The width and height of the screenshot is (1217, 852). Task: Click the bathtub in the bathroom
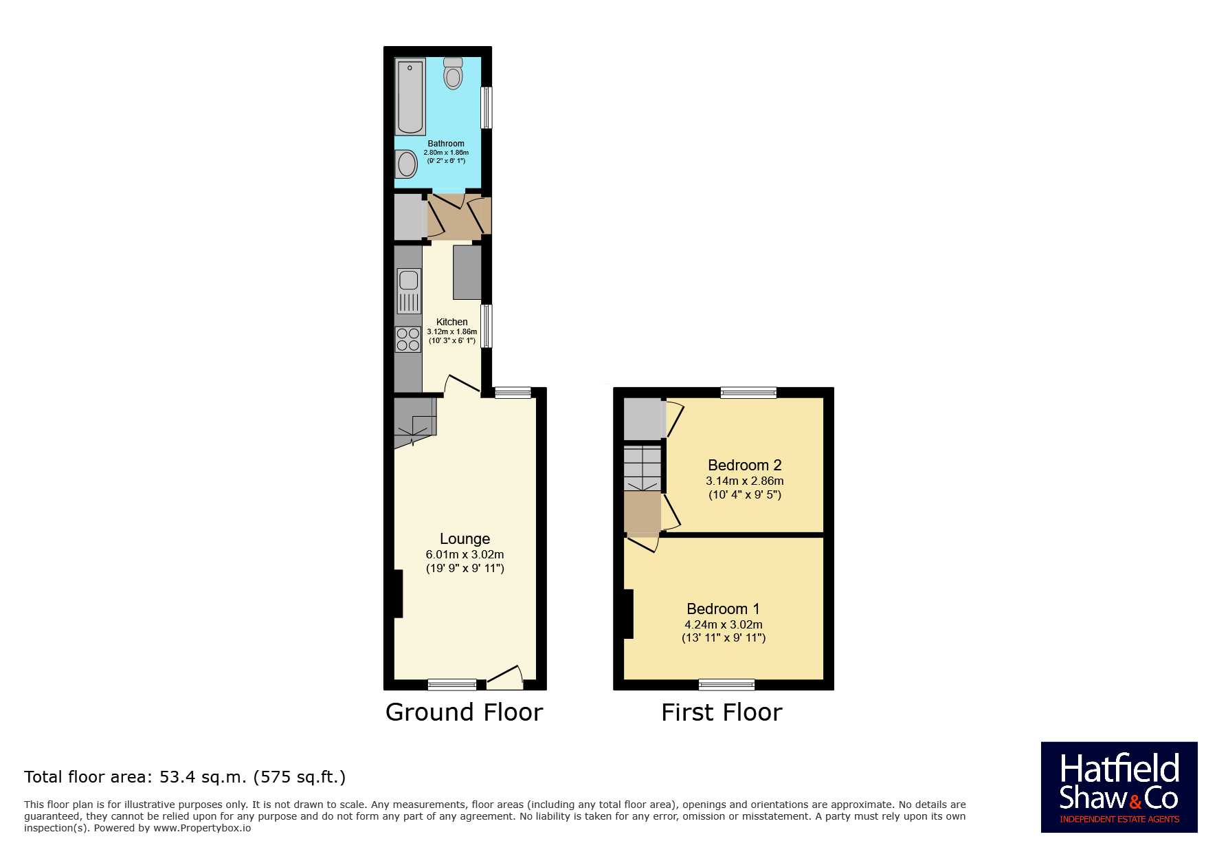coord(410,96)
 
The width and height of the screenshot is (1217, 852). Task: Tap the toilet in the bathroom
coord(453,73)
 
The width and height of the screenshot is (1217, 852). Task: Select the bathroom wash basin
coord(407,164)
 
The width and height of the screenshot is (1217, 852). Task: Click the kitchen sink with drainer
coord(409,291)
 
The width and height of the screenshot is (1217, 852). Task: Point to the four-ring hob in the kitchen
coord(408,339)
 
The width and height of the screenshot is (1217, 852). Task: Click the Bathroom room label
coord(446,144)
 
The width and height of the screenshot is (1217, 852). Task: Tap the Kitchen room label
coord(452,322)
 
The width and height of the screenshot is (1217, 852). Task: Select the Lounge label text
coord(465,539)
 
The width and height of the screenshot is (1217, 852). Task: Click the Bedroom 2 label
coord(745,466)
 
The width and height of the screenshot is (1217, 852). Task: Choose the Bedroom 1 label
coord(724,609)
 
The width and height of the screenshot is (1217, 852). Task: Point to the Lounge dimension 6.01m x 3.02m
coord(465,554)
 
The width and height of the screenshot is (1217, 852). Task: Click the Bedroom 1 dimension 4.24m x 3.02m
coord(724,624)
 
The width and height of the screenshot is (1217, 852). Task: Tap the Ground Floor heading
coord(465,712)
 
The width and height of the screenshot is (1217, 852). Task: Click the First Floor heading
coord(722,712)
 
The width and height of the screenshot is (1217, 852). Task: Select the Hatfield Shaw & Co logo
coord(1119,787)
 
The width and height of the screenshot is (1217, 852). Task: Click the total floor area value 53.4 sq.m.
coord(203,777)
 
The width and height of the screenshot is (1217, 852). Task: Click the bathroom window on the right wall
coord(487,107)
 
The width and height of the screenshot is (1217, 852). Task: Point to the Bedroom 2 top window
coord(748,393)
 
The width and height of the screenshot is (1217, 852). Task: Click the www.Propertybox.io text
coord(202,828)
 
